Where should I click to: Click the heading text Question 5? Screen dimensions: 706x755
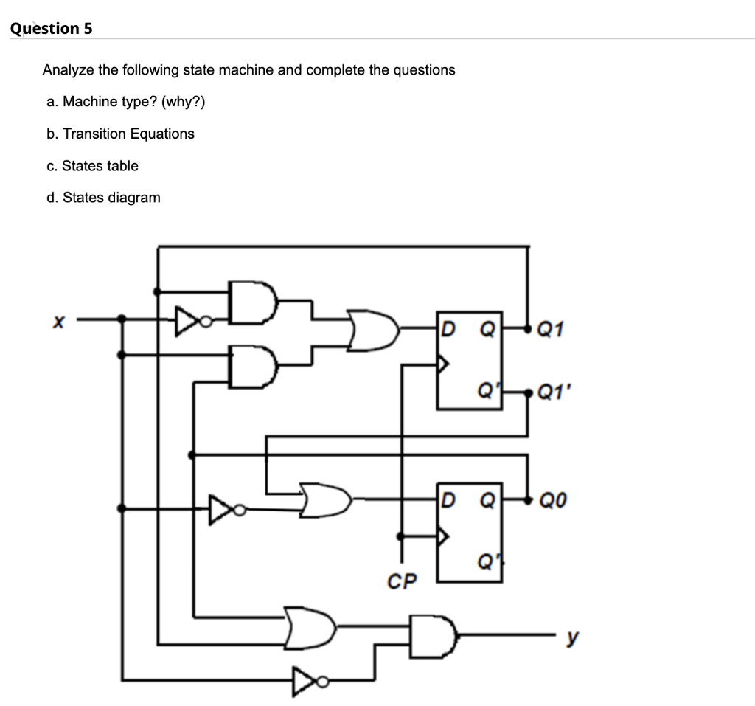point(52,29)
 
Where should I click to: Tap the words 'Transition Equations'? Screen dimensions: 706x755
point(129,134)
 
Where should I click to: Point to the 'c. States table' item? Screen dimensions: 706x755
point(92,166)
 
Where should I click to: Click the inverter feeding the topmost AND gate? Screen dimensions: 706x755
point(187,320)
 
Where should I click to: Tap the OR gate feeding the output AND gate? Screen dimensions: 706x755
point(310,625)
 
